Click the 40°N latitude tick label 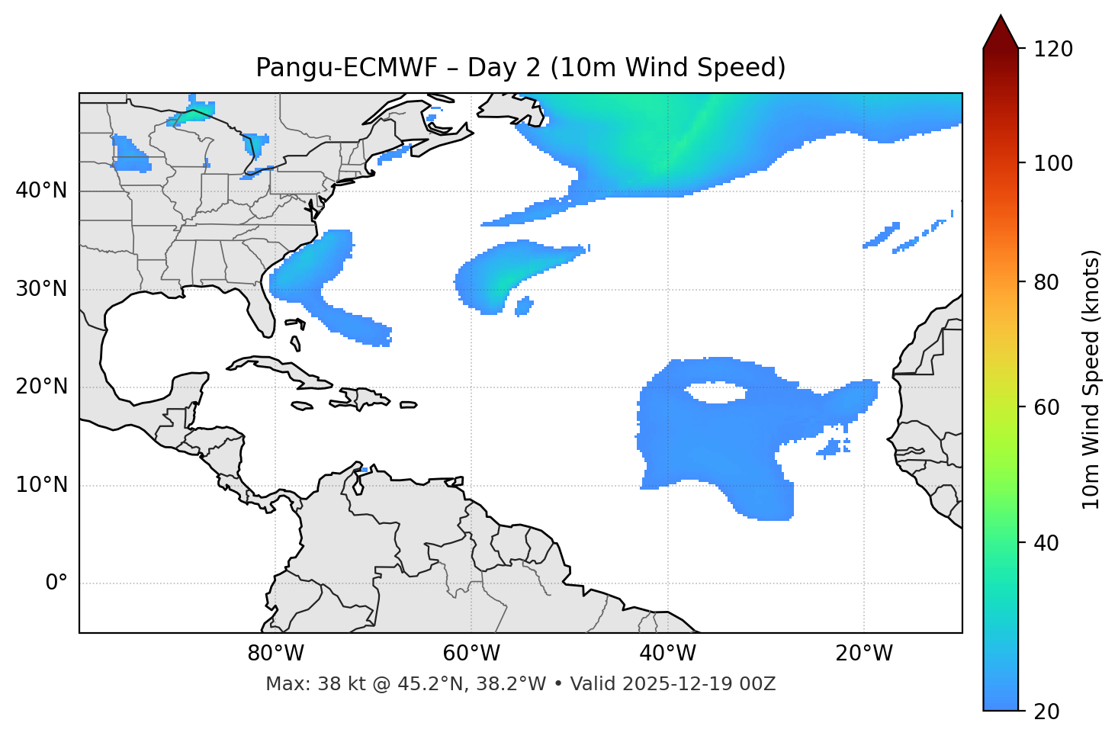click(x=41, y=191)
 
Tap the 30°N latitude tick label click(x=41, y=289)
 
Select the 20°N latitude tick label click(x=41, y=387)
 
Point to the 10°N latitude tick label click(x=41, y=485)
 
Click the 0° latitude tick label click(x=56, y=583)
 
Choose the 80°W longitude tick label click(x=275, y=654)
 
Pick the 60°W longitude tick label click(x=471, y=654)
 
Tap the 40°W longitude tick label click(x=667, y=654)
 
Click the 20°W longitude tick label click(x=863, y=654)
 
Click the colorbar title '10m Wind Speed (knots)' click(x=1091, y=379)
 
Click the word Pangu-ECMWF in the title click(x=346, y=68)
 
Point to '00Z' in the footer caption click(x=757, y=684)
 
